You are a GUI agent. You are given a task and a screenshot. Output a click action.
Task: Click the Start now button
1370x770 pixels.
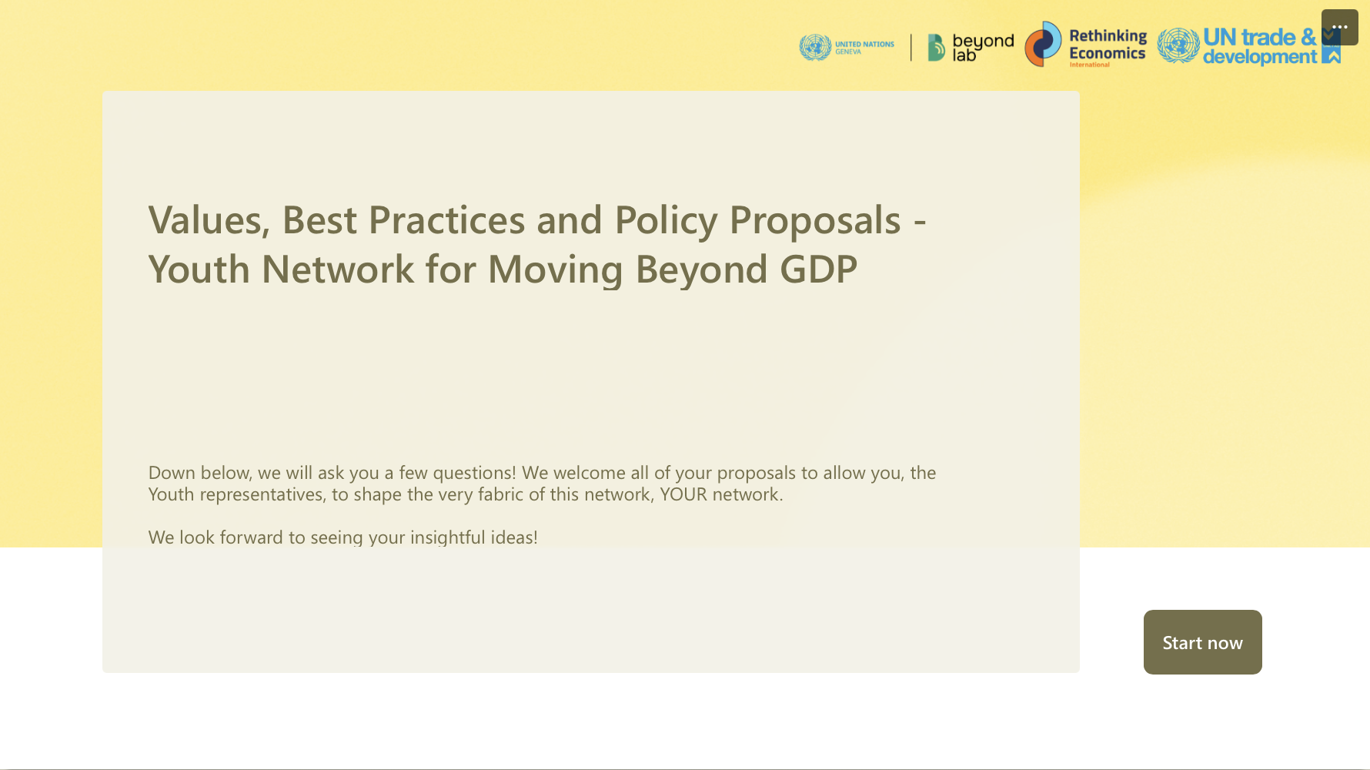coord(1202,642)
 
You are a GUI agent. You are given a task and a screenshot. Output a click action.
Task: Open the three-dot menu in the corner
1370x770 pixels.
coord(1339,27)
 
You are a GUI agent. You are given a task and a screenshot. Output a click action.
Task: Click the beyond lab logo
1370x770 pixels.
coord(971,47)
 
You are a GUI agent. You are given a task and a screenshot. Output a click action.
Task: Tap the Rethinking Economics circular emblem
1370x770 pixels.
coord(1043,44)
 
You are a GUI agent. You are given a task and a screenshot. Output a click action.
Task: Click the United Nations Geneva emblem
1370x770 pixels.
coord(815,47)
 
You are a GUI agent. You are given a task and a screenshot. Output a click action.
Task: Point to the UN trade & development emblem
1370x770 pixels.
coord(1178,45)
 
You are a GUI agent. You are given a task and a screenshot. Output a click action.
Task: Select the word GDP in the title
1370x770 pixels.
coord(818,269)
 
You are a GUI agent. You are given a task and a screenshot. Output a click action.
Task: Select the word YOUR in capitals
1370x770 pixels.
coord(683,494)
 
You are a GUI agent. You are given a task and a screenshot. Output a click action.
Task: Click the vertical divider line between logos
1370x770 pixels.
coord(911,47)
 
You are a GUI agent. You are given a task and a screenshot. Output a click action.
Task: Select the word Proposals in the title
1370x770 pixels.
coord(815,222)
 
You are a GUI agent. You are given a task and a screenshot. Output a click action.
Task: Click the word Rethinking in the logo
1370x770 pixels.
coord(1108,36)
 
